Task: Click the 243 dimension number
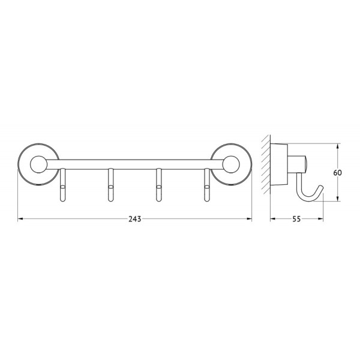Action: (134, 219)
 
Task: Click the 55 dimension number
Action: (296, 219)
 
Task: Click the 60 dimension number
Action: (338, 173)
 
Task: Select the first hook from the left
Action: (62, 186)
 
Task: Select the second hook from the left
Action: (110, 186)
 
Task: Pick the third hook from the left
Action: (159, 186)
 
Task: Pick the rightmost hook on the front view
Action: (208, 186)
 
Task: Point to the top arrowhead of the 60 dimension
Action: (338, 146)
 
